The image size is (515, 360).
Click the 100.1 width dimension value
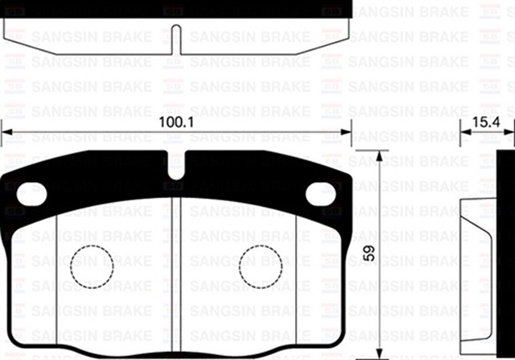176,122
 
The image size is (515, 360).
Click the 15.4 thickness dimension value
486,122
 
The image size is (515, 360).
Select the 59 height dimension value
369,253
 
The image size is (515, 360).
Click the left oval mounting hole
32,194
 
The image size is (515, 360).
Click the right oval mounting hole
320,194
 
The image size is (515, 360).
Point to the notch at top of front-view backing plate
176,165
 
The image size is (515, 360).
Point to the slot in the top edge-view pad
177,39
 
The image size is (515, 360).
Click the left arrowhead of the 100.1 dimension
7,132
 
